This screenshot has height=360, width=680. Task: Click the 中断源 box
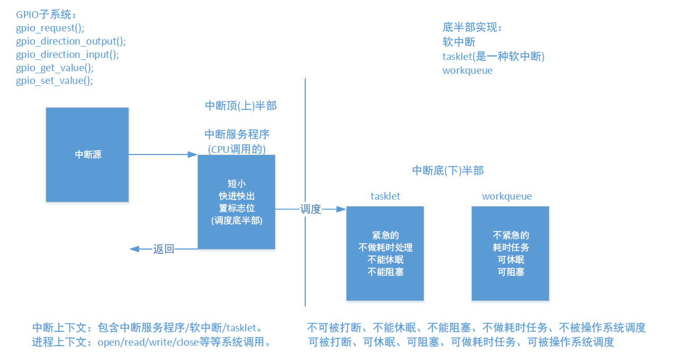coord(88,155)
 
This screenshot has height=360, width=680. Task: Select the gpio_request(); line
coord(50,28)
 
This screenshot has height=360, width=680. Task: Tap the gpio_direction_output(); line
coord(71,41)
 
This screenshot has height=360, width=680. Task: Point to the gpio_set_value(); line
coord(55,81)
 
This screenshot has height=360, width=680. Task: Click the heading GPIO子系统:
coord(46,14)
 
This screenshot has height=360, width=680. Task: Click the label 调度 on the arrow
coord(311,209)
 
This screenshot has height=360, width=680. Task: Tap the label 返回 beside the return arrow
coord(163,248)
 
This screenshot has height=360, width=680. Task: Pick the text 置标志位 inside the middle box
coord(236,208)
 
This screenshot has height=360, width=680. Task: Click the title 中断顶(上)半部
coord(240,106)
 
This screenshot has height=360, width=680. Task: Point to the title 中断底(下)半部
coord(448,170)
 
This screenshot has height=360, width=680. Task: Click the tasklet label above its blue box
coord(385,196)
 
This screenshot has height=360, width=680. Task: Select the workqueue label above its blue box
coord(506,196)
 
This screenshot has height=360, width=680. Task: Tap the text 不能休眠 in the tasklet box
coord(385,260)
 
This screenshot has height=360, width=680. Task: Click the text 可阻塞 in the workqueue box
coord(511,272)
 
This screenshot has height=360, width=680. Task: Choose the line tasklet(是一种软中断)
coord(494,56)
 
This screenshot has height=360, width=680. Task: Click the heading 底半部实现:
coord(472,27)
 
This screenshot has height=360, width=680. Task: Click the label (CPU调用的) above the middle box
coord(237,149)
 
